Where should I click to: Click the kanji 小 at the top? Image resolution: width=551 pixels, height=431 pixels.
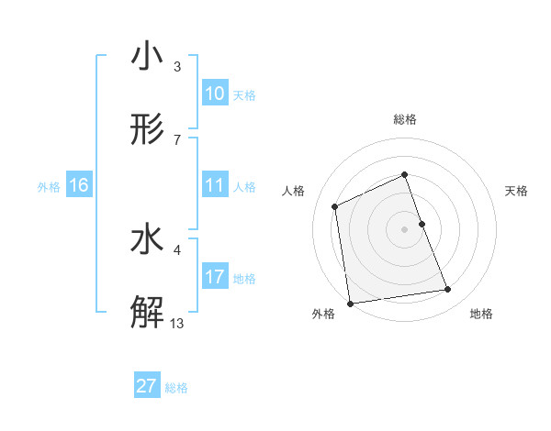147,57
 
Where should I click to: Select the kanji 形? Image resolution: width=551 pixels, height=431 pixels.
147,129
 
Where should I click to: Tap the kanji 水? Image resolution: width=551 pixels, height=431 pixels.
147,239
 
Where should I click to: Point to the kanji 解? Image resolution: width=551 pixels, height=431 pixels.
147,313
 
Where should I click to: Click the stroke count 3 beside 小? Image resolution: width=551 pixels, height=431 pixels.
177,67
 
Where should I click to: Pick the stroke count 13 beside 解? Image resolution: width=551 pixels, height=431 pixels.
177,323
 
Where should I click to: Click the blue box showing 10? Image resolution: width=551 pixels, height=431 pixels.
215,94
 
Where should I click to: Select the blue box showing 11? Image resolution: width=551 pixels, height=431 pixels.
215,185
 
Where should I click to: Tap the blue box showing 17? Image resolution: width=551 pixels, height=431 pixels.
215,277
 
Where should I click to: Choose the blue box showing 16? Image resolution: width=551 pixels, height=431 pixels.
79,185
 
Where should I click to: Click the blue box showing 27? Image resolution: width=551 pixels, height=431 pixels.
147,386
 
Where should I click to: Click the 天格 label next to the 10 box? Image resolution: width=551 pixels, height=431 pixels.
244,95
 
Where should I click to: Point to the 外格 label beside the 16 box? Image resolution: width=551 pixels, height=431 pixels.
49,187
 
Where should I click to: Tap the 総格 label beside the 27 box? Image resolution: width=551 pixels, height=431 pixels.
176,388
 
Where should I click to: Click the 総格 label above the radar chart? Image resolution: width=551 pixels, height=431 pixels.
404,120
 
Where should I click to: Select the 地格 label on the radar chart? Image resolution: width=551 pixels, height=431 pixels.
481,314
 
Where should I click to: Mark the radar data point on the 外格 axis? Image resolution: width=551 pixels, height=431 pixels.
350,303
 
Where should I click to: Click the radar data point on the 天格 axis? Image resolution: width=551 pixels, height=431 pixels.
422,223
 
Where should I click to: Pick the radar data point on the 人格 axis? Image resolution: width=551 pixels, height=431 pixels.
335,206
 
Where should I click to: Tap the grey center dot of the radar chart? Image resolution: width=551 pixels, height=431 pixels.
404,228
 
